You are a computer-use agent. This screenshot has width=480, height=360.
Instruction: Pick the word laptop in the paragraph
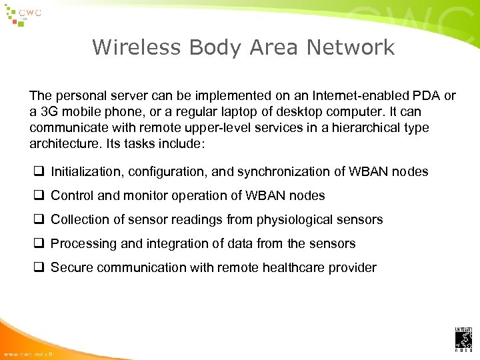pos(229,112)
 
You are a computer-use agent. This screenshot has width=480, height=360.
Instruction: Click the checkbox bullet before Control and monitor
pos(39,196)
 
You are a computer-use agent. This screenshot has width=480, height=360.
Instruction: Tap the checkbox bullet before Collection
pos(39,220)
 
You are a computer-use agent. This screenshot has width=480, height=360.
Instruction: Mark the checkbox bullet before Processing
pos(39,244)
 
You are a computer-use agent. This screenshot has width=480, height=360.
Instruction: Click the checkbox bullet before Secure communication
pos(39,268)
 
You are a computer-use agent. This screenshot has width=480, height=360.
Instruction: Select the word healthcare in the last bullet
pos(300,268)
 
